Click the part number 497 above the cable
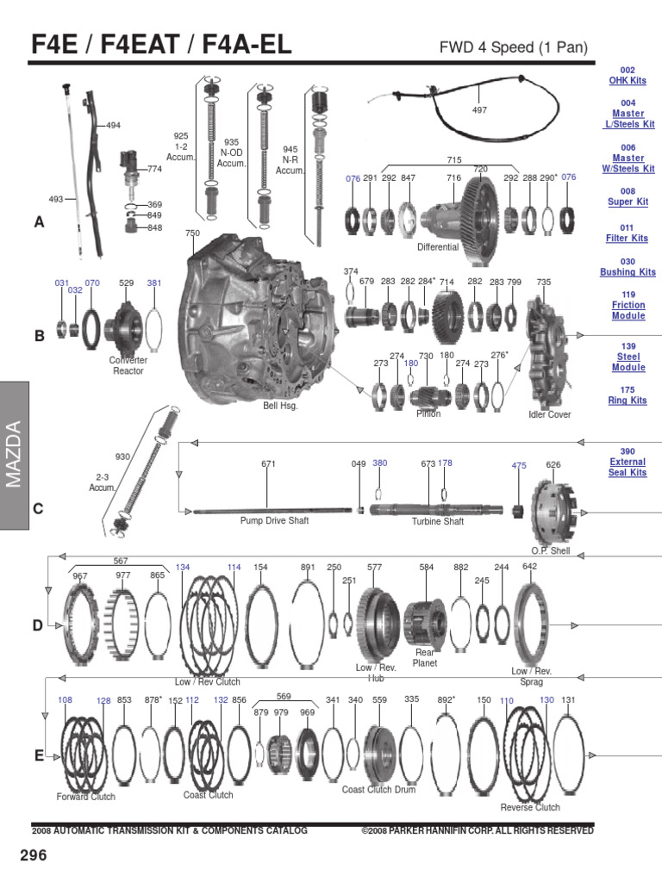tap(479, 110)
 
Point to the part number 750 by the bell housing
tap(192, 233)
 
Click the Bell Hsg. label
tap(280, 406)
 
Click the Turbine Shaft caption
tap(437, 521)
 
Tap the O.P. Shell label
tap(550, 550)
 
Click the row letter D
tap(38, 626)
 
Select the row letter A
tap(38, 222)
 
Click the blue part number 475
tap(518, 465)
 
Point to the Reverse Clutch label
tap(530, 807)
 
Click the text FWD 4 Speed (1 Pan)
tap(514, 48)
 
